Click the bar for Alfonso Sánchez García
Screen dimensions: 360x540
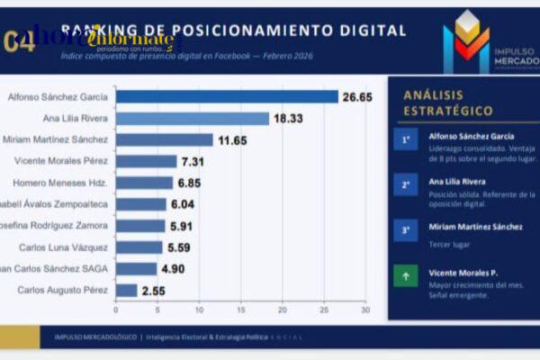[227, 96]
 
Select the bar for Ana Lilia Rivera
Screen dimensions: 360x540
[193, 118]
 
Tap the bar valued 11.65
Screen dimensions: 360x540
[165, 139]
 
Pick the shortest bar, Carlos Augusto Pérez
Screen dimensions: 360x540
[126, 290]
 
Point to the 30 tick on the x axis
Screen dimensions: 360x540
[364, 310]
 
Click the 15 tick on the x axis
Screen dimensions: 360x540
[240, 310]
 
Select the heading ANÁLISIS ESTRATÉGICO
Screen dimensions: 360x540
[447, 103]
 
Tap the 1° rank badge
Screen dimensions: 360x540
[406, 139]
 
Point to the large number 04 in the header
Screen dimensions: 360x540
[20, 41]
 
